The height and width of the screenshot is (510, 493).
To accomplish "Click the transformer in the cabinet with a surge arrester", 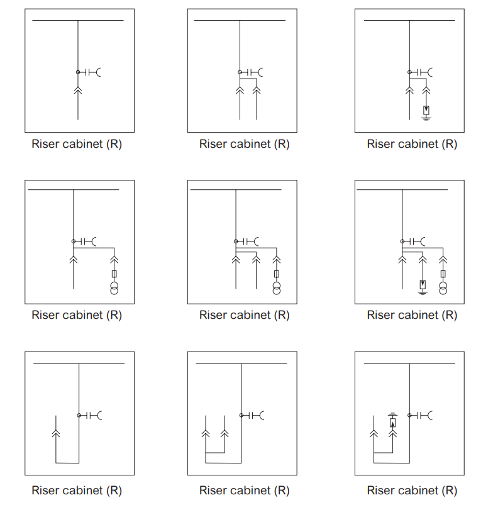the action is click(443, 289).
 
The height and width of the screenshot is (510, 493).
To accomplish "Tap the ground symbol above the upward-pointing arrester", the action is click(393, 414).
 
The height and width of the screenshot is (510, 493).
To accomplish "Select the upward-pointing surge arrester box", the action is click(393, 423).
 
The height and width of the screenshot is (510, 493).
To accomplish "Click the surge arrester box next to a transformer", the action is click(423, 285).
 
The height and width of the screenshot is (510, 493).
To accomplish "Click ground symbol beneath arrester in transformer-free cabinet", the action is click(426, 118).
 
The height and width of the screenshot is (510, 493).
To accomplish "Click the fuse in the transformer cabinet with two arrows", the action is click(114, 274).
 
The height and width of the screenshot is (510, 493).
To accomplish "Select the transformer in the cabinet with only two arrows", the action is click(114, 289).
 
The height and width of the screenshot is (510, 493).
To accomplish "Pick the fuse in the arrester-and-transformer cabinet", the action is click(443, 274).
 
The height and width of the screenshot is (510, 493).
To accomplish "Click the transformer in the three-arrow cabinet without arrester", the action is click(277, 289).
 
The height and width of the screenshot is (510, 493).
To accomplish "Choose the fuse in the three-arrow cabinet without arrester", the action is click(277, 274).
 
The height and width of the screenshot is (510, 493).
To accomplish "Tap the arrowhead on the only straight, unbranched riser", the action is click(78, 90).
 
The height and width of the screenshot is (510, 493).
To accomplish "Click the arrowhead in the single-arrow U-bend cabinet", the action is click(56, 433).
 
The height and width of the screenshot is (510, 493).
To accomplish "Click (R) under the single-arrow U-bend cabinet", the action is click(114, 490).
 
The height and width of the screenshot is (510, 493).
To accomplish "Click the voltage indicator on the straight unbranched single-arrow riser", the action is click(89, 72).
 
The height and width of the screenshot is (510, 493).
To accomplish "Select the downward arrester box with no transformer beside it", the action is click(426, 111).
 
